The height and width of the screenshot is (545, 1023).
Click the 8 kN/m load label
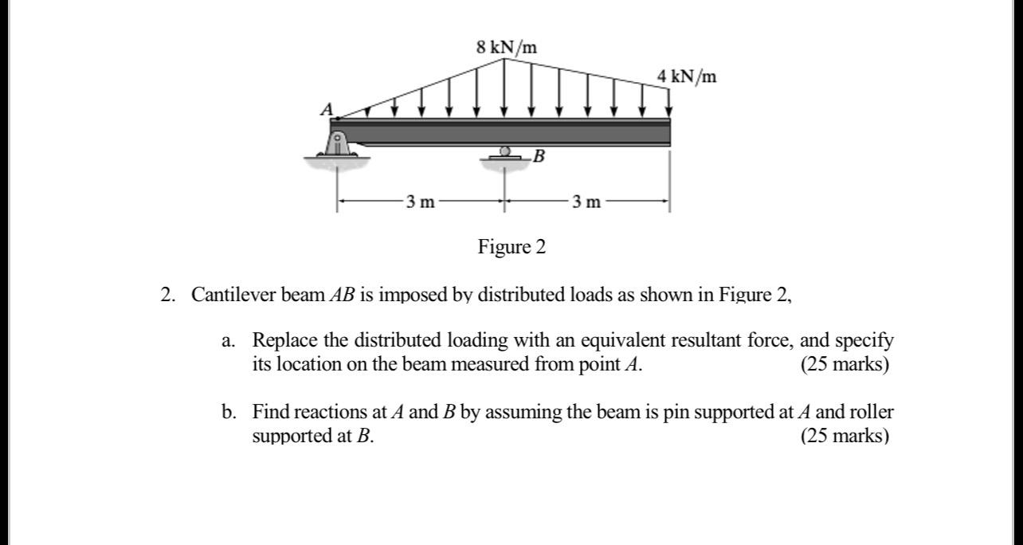pos(506,47)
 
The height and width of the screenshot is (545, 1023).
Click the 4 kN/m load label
pos(686,76)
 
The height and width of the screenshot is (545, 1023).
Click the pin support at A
pos(338,145)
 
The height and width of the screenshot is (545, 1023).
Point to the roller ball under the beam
pos(504,151)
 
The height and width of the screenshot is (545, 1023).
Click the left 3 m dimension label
pos(420,202)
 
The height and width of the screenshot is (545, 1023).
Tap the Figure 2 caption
pos(511,247)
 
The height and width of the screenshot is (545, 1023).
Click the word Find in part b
pos(271,412)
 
